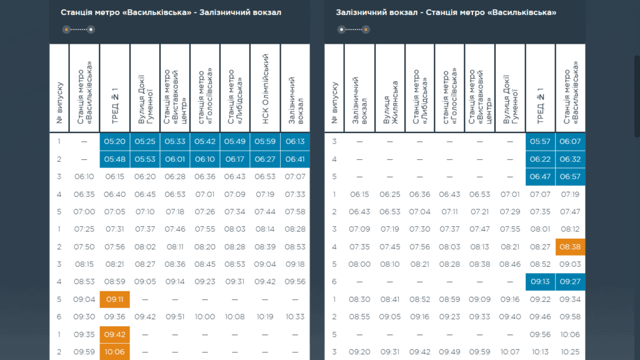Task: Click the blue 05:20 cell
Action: click(x=115, y=142)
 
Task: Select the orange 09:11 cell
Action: click(x=115, y=299)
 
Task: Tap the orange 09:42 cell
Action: click(x=115, y=334)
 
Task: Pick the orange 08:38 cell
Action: click(x=570, y=247)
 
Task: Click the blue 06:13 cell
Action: click(x=295, y=142)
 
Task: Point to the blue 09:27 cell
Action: click(x=570, y=282)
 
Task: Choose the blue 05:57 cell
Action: click(x=540, y=142)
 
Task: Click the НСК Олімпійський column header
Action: click(x=265, y=87)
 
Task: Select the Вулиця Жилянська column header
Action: click(x=390, y=87)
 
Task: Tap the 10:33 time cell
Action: click(x=295, y=317)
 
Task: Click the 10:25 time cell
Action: click(x=570, y=352)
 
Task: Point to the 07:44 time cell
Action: click(x=265, y=212)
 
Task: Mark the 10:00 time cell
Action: click(x=205, y=317)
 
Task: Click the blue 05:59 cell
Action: click(x=265, y=142)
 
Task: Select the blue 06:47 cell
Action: click(x=540, y=177)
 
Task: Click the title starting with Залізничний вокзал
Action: click(x=446, y=12)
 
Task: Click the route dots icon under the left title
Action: click(x=78, y=29)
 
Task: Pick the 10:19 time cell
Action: click(x=265, y=317)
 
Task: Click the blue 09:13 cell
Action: click(x=540, y=282)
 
